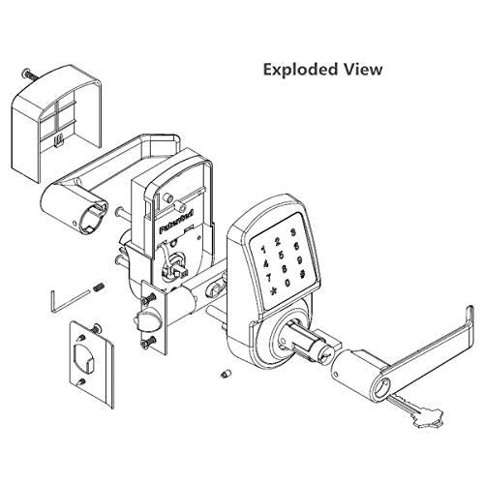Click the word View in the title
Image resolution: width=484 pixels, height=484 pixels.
pos(363,69)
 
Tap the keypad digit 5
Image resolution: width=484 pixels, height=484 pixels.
pos(282,255)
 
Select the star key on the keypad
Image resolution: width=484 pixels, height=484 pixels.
pos(274,291)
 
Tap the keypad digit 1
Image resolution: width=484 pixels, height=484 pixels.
pos(263,250)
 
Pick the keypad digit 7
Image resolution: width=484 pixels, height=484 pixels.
pos(268,278)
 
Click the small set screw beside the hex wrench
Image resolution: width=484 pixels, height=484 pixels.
pos(100,287)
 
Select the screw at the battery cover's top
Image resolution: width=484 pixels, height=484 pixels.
pos(29,75)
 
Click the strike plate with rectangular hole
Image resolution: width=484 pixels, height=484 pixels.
pos(92,364)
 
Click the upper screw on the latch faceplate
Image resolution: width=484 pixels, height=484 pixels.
pos(147,301)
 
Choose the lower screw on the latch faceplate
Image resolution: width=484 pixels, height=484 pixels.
pos(147,343)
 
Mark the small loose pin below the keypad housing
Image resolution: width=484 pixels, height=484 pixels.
pos(227,375)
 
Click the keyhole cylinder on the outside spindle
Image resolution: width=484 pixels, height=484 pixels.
pos(322,355)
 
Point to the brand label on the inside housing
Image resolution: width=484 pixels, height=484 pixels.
pos(177,222)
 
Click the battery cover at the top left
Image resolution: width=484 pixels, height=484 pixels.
pos(57,123)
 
